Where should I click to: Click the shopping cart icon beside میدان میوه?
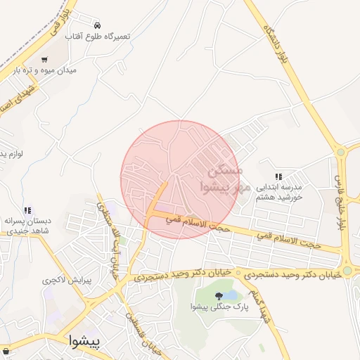45,60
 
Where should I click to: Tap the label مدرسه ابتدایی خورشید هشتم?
278,193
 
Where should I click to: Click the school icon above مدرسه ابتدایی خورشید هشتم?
278,176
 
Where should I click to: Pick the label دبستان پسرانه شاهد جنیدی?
30,226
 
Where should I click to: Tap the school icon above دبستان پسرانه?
27,210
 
